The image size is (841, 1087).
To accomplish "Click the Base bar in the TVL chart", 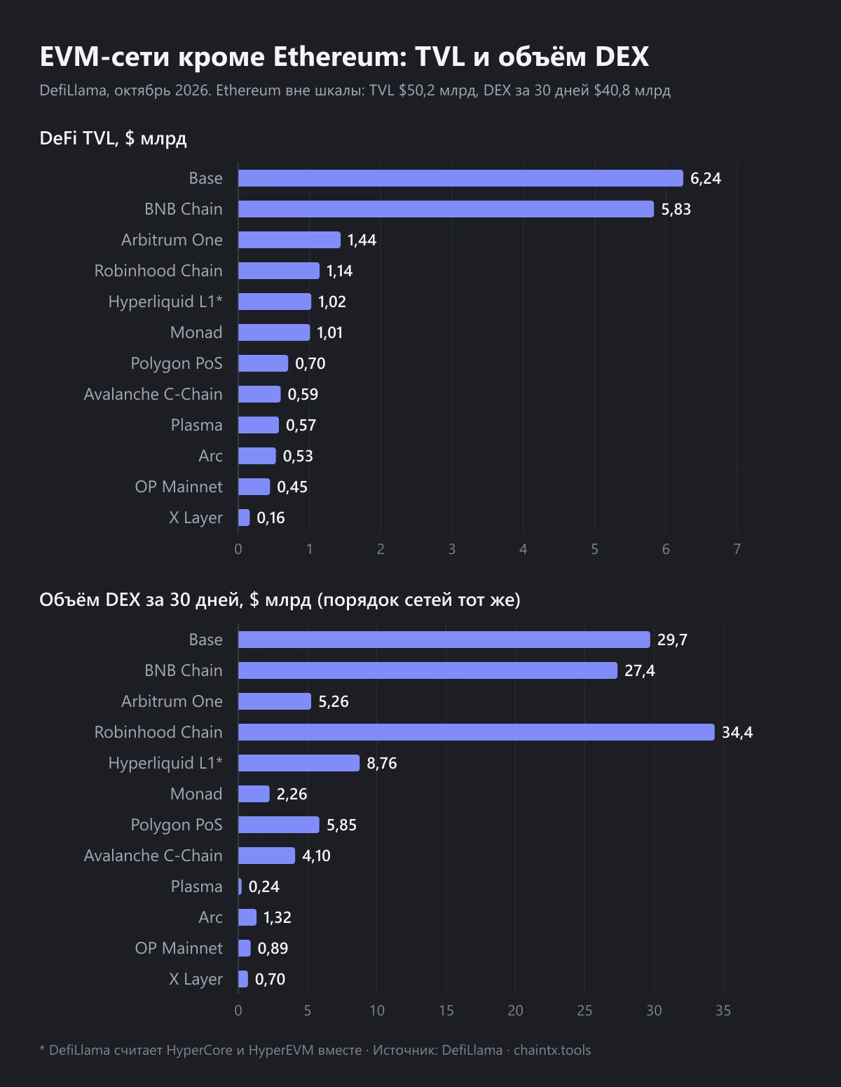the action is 460,178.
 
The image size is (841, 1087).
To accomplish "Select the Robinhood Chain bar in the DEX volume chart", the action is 477,732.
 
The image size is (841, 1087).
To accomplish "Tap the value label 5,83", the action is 676,209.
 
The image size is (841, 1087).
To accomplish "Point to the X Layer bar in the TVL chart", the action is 244,518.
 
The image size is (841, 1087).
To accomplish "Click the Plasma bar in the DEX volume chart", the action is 240,886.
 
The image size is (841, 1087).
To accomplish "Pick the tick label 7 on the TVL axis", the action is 737,548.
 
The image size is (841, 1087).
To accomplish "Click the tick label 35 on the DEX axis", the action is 723,1011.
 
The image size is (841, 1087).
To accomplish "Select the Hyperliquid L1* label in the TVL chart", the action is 165,302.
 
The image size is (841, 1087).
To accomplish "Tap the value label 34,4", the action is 737,732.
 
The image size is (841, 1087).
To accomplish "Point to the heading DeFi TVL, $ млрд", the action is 113,138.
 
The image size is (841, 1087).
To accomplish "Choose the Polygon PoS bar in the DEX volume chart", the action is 278,825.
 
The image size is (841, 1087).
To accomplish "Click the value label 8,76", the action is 382,763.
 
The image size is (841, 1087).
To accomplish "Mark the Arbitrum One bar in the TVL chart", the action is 289,240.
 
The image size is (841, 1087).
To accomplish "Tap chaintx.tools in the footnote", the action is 552,1050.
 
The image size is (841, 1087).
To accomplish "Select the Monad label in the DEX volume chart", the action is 196,794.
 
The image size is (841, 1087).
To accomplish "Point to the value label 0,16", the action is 271,518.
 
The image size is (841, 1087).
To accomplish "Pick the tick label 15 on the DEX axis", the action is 446,1011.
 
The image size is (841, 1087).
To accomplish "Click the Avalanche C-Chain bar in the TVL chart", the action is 259,394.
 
